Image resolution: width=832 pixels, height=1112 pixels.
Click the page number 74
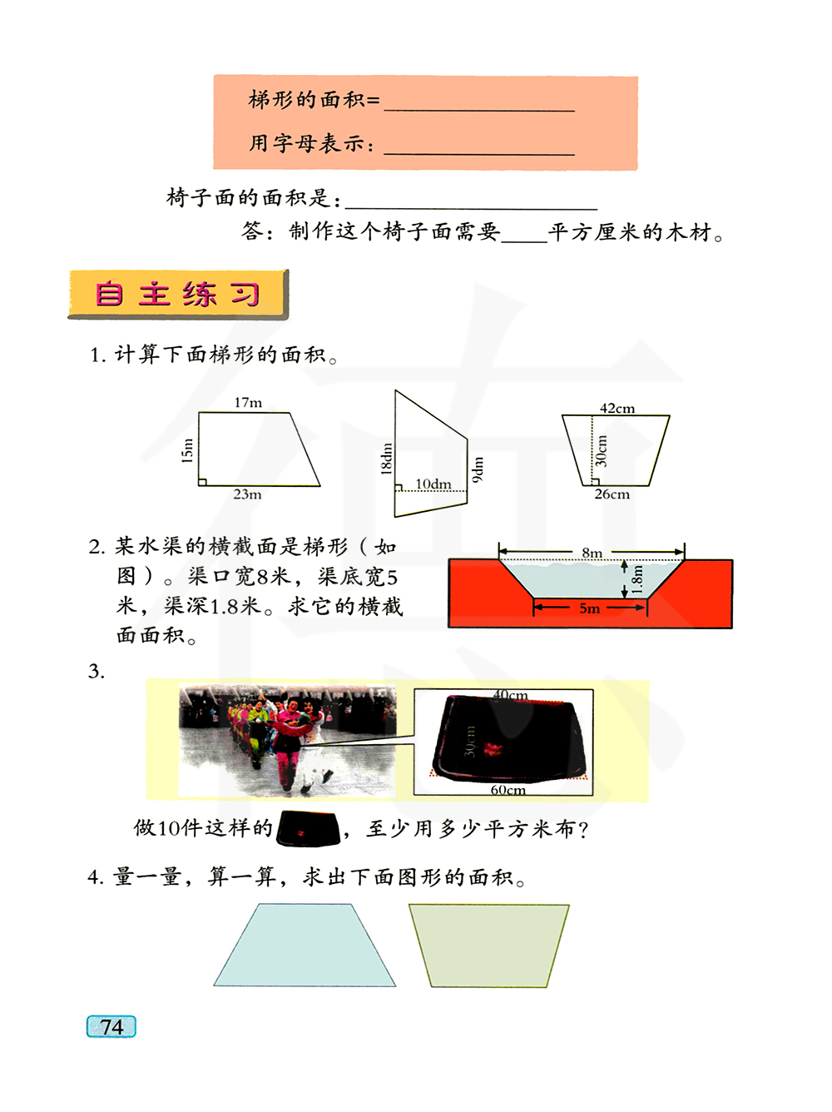pos(111,1026)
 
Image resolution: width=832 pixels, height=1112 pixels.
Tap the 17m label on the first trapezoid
pos(248,403)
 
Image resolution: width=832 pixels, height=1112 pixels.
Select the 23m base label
pos(247,494)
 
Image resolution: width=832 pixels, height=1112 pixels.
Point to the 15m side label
pos(187,450)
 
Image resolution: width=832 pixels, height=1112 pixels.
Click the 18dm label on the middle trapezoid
pos(386,459)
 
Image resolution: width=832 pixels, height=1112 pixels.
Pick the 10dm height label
pos(433,484)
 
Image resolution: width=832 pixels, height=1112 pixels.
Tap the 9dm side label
pos(478,469)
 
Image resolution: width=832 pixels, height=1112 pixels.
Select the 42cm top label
pos(617,409)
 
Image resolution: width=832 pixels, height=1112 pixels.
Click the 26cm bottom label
pos(612,494)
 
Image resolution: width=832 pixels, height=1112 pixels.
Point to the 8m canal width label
pos(592,553)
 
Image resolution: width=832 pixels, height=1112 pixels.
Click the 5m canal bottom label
pos(589,608)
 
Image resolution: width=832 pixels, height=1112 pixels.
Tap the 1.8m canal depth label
pos(637,579)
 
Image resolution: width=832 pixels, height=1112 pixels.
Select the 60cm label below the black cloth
pos(508,790)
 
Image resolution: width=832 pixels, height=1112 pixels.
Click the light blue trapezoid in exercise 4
pos(305,945)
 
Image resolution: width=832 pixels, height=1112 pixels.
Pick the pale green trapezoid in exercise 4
pos(489,946)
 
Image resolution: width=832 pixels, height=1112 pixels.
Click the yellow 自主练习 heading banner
pos(178,295)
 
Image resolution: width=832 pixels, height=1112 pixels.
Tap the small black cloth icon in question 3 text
pos(309,829)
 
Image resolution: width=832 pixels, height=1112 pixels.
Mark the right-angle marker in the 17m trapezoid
pos(202,482)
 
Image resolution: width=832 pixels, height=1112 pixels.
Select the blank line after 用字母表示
pos(479,154)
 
